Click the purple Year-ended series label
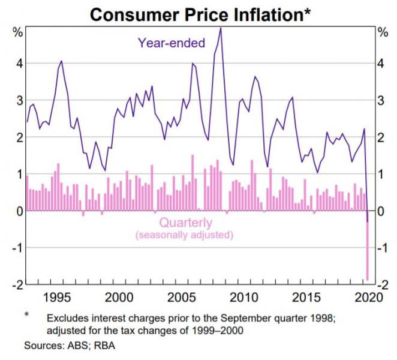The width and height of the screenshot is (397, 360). [172, 43]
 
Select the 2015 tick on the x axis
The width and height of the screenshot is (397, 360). [307, 297]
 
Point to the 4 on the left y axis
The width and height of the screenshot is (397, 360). [19, 63]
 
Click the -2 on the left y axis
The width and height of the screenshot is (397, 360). [16, 284]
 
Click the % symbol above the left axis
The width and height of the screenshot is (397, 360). [17, 31]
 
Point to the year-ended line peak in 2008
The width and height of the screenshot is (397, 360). [220, 28]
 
